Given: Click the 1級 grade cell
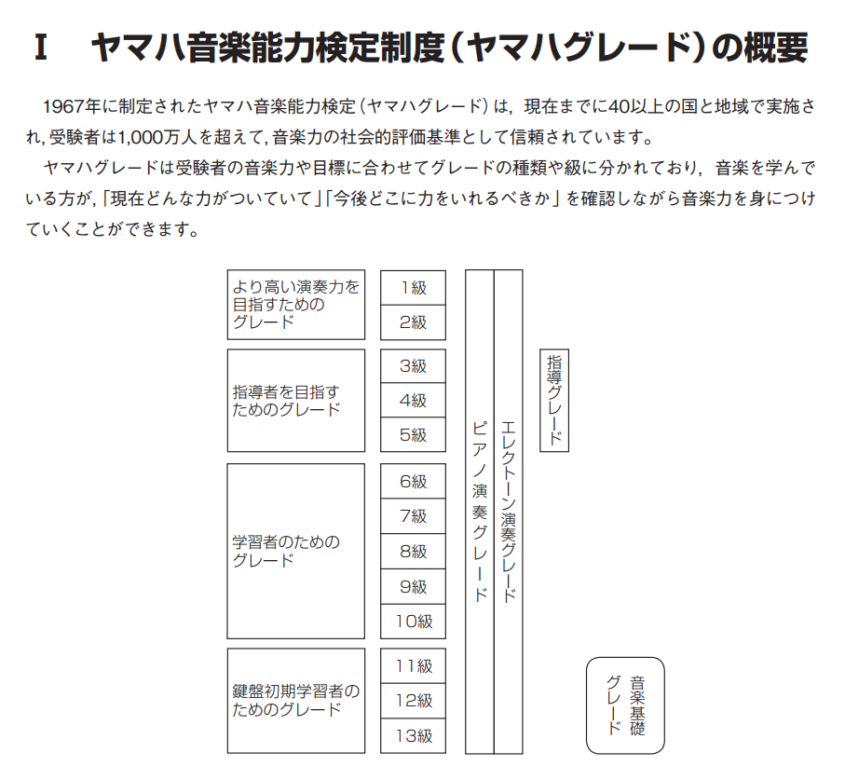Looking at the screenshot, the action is click(x=413, y=288).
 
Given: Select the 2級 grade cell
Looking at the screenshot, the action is click(x=413, y=322).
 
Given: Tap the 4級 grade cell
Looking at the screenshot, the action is click(x=413, y=400).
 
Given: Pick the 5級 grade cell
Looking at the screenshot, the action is click(x=413, y=434).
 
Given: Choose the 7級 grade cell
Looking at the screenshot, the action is click(x=413, y=516).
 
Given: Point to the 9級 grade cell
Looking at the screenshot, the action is click(x=413, y=586).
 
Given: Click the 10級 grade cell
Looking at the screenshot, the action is click(x=413, y=622).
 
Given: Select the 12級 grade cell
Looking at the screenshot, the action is click(x=413, y=701).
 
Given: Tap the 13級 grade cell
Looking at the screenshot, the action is click(x=413, y=736).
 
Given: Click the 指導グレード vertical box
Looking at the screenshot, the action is click(x=554, y=400).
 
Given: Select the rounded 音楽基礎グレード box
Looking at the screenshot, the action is click(x=625, y=705).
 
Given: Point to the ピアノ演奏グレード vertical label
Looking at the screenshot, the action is click(x=479, y=511).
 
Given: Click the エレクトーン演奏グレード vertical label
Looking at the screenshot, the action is click(x=508, y=511).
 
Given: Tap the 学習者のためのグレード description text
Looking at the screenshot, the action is click(x=286, y=551).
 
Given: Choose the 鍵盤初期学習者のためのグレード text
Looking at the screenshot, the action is click(x=296, y=700).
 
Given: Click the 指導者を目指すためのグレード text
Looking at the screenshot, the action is click(x=286, y=401).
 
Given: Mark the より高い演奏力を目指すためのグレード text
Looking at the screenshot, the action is click(x=296, y=304).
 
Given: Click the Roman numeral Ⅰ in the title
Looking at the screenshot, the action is click(x=40, y=48).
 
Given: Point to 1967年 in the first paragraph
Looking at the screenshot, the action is click(x=72, y=107).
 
